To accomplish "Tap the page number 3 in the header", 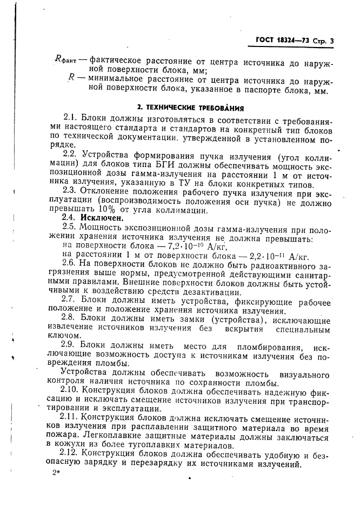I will click(x=331, y=41).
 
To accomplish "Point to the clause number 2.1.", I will click(x=71, y=118).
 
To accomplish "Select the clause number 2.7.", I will click(x=70, y=301).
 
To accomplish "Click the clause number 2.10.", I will click(x=72, y=391).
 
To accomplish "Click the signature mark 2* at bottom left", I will click(x=55, y=473).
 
